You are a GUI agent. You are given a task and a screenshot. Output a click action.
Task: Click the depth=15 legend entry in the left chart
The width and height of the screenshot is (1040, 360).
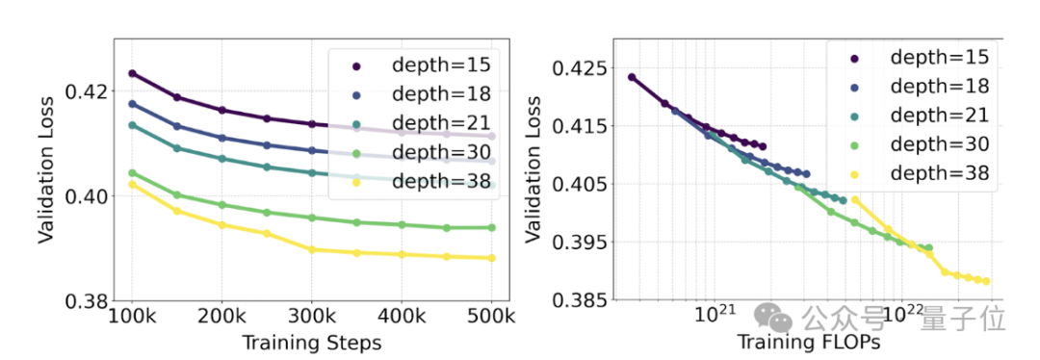(x=425, y=65)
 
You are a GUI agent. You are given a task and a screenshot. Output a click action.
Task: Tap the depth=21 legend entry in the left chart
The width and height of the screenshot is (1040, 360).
(x=425, y=123)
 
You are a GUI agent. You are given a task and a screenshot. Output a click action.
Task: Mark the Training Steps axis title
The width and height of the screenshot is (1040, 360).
(x=311, y=343)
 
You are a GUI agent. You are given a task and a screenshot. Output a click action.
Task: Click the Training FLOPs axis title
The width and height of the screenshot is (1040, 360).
(x=809, y=343)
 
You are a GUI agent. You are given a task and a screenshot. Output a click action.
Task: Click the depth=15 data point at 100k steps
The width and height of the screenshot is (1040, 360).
(x=133, y=73)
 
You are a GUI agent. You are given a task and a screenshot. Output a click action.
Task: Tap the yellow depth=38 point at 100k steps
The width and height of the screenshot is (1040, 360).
(x=133, y=183)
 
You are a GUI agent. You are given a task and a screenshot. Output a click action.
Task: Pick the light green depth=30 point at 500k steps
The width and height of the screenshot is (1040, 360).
(x=491, y=227)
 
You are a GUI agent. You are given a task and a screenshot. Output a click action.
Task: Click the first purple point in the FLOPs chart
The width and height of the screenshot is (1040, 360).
(x=632, y=77)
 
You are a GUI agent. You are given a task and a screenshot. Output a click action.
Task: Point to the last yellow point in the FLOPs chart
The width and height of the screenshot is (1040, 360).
(x=987, y=282)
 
